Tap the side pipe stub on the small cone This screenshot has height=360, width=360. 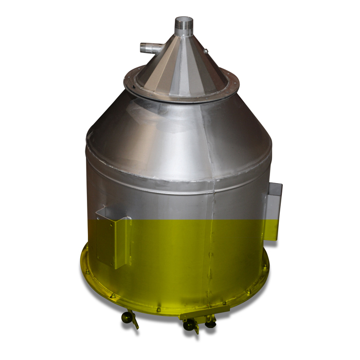click(149, 49)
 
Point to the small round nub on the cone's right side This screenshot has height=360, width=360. click(205, 51)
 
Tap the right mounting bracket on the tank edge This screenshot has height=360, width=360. click(274, 211)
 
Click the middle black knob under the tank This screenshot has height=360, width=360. click(189, 325)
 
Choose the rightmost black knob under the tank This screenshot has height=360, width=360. click(210, 323)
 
